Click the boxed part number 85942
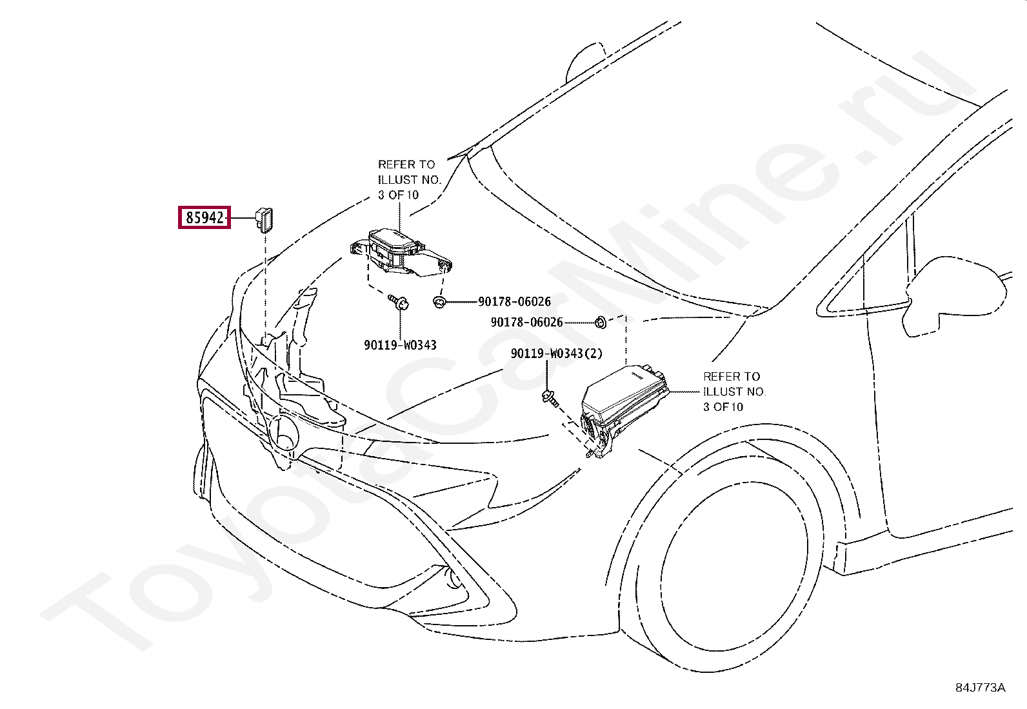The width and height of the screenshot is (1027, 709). pyautogui.click(x=204, y=218)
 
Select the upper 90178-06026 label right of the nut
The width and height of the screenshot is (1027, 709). pyautogui.click(x=514, y=302)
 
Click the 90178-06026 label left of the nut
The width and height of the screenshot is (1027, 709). pyautogui.click(x=526, y=322)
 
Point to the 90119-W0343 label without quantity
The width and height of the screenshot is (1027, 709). pyautogui.click(x=400, y=345)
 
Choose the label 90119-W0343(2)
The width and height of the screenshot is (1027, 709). pyautogui.click(x=556, y=354)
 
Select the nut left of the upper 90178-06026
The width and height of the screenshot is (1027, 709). pyautogui.click(x=439, y=302)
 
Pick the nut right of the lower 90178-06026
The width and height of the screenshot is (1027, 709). pyautogui.click(x=599, y=321)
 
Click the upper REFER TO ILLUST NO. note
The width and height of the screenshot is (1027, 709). pyautogui.click(x=408, y=179)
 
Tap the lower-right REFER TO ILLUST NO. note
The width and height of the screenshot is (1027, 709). pyautogui.click(x=733, y=392)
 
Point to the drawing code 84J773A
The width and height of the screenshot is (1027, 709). pyautogui.click(x=980, y=687)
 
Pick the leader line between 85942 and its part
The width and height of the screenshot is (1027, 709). pyautogui.click(x=243, y=218)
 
